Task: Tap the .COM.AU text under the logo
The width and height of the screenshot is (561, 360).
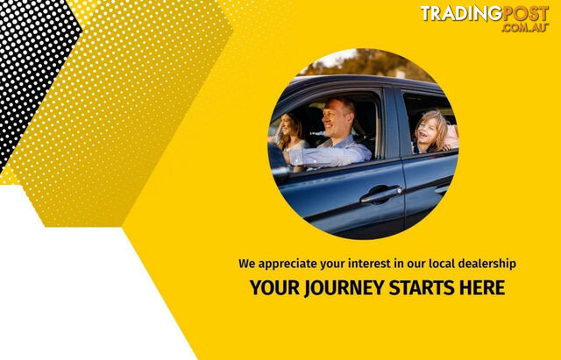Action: pyautogui.click(x=525, y=27)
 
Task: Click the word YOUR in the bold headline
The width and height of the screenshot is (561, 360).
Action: pyautogui.click(x=274, y=287)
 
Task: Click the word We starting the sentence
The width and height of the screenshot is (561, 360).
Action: pyautogui.click(x=247, y=264)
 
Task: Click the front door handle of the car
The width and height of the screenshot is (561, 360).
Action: pyautogui.click(x=381, y=194)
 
